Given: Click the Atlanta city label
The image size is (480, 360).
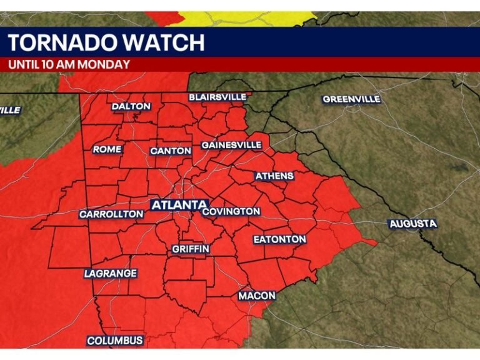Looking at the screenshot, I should tap(179, 205).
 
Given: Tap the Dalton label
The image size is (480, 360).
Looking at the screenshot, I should tap(131, 106).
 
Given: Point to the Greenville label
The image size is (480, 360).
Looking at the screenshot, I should tap(351, 99).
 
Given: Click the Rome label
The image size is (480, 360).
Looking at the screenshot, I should tap(107, 149).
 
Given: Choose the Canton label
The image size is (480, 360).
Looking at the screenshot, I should tap(171, 151).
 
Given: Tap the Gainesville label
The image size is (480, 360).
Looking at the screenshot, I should tap(231, 145).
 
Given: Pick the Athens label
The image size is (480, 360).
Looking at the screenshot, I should tap(274, 176).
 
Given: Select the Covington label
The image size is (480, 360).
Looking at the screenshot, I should tap(231, 212).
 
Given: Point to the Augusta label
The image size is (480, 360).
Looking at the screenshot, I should tap(413, 224).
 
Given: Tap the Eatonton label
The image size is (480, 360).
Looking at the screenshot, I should tap(279, 239).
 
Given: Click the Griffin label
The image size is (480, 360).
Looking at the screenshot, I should tap(191, 249).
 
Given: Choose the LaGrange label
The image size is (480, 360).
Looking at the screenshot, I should tap(111, 274).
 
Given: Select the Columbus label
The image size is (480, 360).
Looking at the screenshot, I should tap(115, 341).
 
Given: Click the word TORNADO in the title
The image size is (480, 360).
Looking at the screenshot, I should tap(59, 43).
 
